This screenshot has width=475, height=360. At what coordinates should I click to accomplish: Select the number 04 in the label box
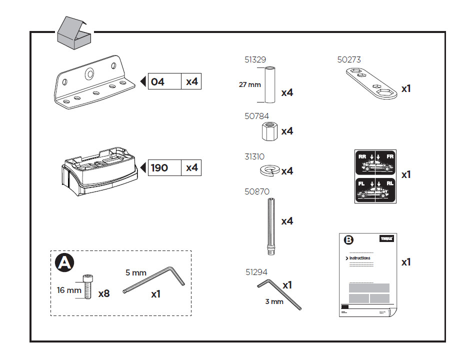157,81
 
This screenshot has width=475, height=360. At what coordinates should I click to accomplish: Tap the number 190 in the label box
159,167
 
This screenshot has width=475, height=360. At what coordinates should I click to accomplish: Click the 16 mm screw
88,287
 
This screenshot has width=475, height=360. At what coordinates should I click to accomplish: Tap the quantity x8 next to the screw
103,293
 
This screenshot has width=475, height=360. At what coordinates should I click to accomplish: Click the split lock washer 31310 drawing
269,171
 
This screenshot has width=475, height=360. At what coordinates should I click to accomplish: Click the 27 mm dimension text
249,84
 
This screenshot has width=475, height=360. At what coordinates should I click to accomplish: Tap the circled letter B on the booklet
349,239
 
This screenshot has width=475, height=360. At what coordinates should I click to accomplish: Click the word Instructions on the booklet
359,258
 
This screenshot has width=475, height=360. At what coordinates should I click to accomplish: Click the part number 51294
256,272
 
